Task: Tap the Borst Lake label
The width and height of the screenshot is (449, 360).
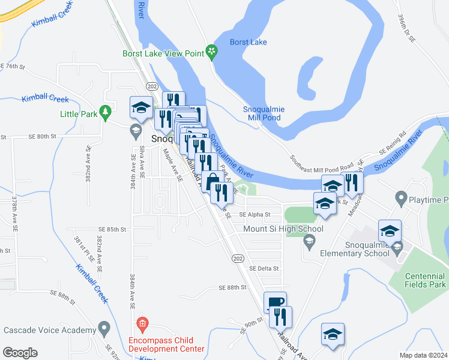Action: pyautogui.click(x=249, y=42)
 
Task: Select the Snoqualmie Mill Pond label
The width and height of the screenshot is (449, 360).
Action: pyautogui.click(x=264, y=113)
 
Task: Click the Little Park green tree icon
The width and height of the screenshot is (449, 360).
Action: pyautogui.click(x=106, y=112)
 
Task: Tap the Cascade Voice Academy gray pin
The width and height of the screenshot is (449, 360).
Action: pyautogui.click(x=105, y=329)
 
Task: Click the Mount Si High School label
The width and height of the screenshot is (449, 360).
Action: pyautogui.click(x=283, y=229)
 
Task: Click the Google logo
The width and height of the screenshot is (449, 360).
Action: pyautogui.click(x=20, y=353)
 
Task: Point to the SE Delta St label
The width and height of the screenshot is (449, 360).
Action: pyautogui.click(x=265, y=269)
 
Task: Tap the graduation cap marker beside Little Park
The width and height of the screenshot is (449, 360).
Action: pyautogui.click(x=141, y=107)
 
